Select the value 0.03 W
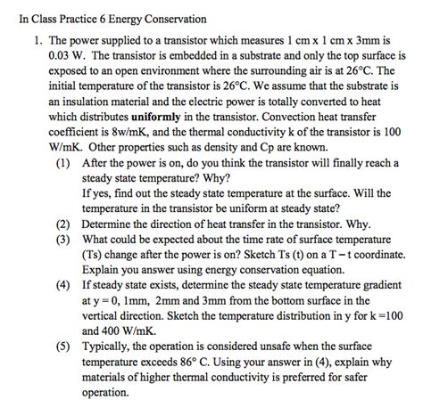(x=65, y=54)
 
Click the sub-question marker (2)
(x=87, y=224)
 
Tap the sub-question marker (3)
(x=87, y=239)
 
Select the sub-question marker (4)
(x=87, y=285)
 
